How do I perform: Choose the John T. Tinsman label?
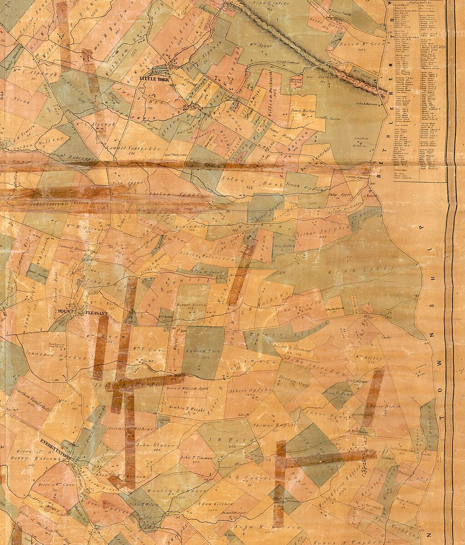196,458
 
